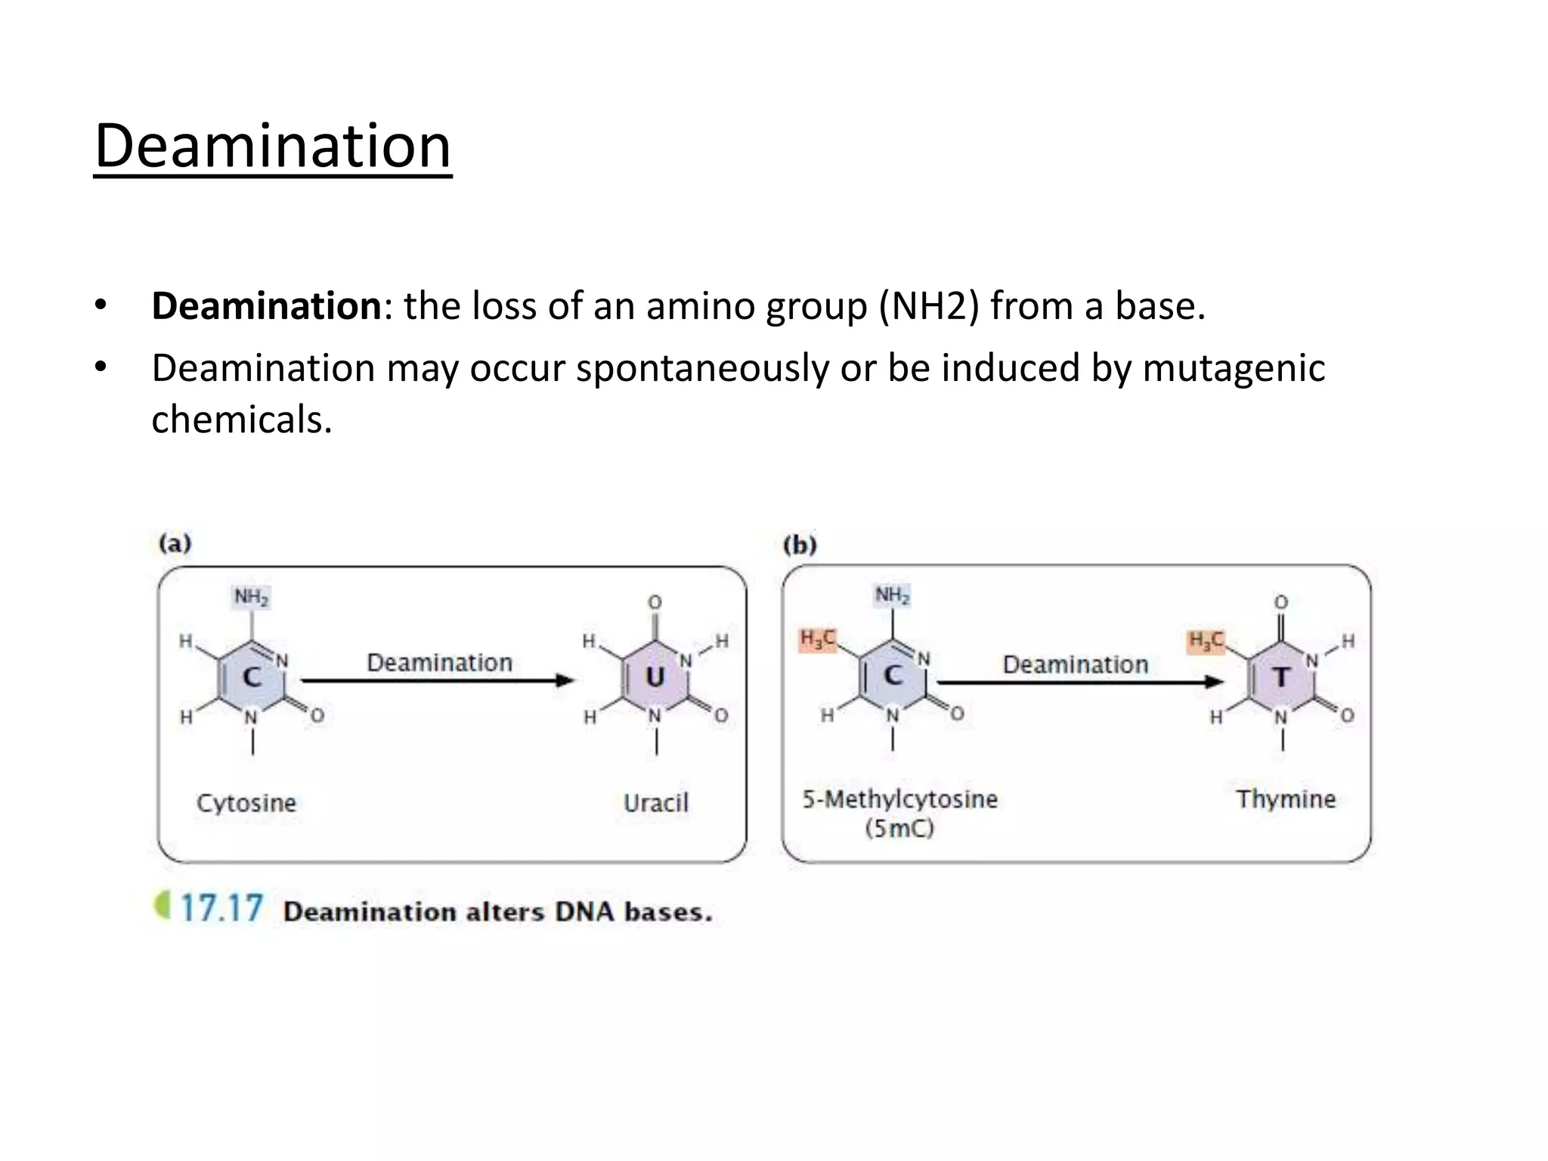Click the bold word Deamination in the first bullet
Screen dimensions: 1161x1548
pyautogui.click(x=266, y=306)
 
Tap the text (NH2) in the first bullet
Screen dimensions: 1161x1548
pyautogui.click(x=929, y=306)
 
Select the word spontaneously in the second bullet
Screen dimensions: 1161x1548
pyautogui.click(x=702, y=369)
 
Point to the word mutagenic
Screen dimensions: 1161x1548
pyautogui.click(x=1234, y=369)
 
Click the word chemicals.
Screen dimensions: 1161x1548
pyautogui.click(x=242, y=420)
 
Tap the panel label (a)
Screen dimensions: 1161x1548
pyautogui.click(x=175, y=543)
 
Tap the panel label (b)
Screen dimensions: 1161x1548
pyautogui.click(x=800, y=545)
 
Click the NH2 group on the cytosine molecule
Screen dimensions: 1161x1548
pyautogui.click(x=251, y=597)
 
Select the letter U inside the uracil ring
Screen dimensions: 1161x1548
pyautogui.click(x=655, y=676)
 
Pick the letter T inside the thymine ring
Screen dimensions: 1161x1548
pyautogui.click(x=1280, y=676)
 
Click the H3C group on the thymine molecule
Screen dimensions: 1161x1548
pyautogui.click(x=1206, y=641)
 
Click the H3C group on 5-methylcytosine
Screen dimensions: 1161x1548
pyautogui.click(x=818, y=639)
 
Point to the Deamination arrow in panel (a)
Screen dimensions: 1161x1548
pyautogui.click(x=438, y=680)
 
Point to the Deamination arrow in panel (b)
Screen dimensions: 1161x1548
pyautogui.click(x=1079, y=682)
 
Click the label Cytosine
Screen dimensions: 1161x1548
pyautogui.click(x=246, y=803)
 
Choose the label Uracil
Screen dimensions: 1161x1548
pyautogui.click(x=656, y=803)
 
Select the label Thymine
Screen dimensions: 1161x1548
pyautogui.click(x=1286, y=799)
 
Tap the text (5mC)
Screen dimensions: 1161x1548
pyautogui.click(x=899, y=828)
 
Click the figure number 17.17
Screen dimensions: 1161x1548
pyautogui.click(x=221, y=908)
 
